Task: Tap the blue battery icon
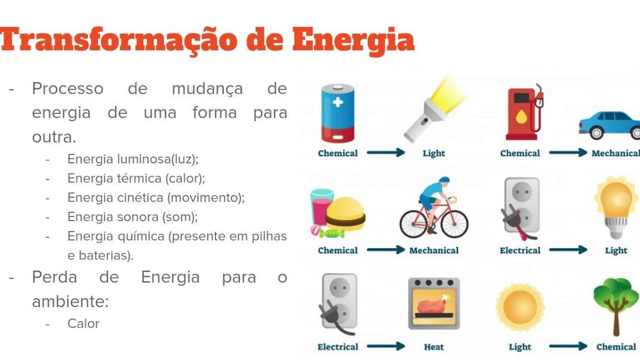click(338, 113)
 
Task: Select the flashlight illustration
click(435, 109)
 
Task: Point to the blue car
click(609, 124)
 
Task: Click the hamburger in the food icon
click(346, 214)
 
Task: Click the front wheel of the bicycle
click(454, 224)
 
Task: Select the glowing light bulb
click(616, 207)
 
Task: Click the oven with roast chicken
click(434, 303)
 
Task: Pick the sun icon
click(520, 307)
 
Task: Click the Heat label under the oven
click(433, 347)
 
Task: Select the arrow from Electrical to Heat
click(386, 347)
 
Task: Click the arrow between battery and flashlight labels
click(386, 153)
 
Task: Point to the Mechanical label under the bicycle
click(434, 250)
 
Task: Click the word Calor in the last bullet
click(83, 324)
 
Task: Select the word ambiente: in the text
click(70, 302)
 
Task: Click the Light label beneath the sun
click(520, 347)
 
